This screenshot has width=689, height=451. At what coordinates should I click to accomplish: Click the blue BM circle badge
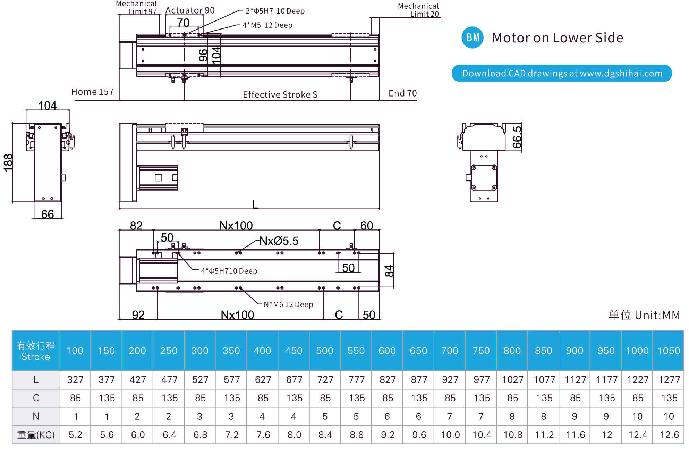pos(472,37)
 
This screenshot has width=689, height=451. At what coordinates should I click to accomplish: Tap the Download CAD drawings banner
pos(562,73)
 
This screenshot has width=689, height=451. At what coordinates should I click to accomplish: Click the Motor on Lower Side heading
pos(558,38)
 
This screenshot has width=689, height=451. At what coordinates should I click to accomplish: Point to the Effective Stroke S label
pos(280,94)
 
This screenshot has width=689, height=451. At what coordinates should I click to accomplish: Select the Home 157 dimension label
pos(92,92)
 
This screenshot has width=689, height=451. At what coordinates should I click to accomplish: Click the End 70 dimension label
pos(402,93)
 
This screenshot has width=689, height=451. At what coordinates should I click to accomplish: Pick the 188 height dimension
pos(8,162)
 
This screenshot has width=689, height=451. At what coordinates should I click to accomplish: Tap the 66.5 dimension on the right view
pos(517,137)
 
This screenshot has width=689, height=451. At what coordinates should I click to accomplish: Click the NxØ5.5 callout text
pos(279,241)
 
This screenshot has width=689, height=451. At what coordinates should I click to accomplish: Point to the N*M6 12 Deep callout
pos(288,304)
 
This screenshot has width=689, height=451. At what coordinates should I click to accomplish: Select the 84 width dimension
pos(389,271)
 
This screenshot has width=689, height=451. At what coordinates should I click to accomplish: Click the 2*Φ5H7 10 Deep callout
pos(275,11)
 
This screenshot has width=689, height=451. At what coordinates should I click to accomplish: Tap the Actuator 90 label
pos(190,10)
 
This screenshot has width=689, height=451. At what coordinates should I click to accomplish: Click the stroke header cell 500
pos(325,351)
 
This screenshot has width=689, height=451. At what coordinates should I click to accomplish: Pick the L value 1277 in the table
pos(669,379)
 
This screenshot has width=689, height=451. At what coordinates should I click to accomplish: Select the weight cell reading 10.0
pos(450,435)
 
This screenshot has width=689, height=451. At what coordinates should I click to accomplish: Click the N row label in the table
pos(36,416)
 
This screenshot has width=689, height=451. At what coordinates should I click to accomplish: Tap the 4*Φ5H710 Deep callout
pos(229,271)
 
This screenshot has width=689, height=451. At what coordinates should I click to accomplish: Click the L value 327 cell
pos(75,379)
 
